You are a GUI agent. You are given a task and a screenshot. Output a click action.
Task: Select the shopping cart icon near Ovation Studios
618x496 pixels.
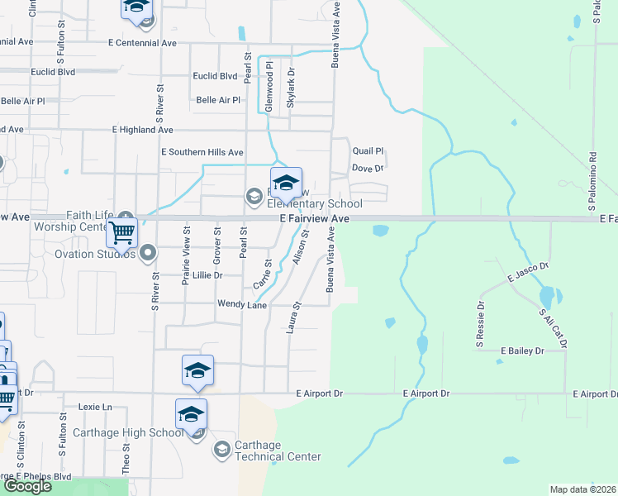coord(121,233)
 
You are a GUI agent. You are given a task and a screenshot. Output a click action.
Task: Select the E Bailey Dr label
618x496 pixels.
coord(523,351)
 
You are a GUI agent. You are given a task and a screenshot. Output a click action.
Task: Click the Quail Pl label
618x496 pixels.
coord(368,151)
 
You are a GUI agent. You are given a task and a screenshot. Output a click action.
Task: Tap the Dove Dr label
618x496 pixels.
coord(368,168)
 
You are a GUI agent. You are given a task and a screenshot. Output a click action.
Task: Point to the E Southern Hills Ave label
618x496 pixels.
coord(202,152)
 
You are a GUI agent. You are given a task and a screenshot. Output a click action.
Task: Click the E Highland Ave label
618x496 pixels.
coord(142,130)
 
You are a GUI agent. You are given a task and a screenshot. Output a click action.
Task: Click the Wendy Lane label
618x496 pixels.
coord(242,304)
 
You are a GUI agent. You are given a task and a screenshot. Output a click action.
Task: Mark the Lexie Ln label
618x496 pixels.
coord(94,407)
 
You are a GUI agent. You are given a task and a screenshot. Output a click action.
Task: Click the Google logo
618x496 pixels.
coord(27,486)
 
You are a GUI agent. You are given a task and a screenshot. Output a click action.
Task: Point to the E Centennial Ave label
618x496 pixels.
coord(142,42)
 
